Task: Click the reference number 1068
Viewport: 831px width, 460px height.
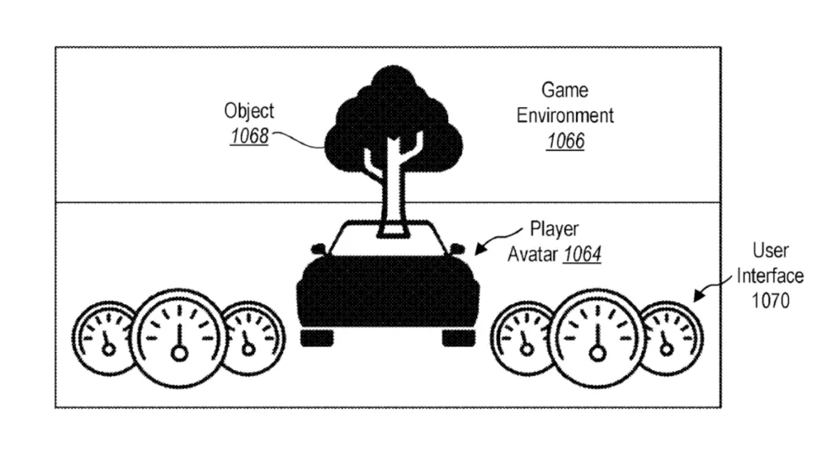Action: click(x=250, y=136)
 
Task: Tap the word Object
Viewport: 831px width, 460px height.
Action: click(x=249, y=111)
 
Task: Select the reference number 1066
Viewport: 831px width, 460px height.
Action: click(x=566, y=141)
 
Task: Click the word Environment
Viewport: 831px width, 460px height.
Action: click(x=565, y=115)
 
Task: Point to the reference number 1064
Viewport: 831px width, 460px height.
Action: click(x=582, y=255)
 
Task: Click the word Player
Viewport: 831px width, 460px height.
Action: click(x=554, y=230)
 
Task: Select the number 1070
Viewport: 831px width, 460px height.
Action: click(x=771, y=301)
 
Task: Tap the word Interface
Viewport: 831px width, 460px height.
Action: click(x=770, y=276)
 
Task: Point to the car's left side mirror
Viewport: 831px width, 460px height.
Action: click(x=318, y=248)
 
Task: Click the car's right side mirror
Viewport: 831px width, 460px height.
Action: click(x=457, y=248)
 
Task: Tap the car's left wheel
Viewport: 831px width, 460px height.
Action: click(x=317, y=337)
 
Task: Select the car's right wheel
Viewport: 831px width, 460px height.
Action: click(x=459, y=337)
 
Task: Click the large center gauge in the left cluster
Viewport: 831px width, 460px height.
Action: click(x=179, y=337)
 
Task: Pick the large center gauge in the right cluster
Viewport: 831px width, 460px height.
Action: click(x=597, y=337)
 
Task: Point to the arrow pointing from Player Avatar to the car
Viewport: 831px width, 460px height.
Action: click(x=497, y=240)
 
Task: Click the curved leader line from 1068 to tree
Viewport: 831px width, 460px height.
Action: click(x=298, y=139)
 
